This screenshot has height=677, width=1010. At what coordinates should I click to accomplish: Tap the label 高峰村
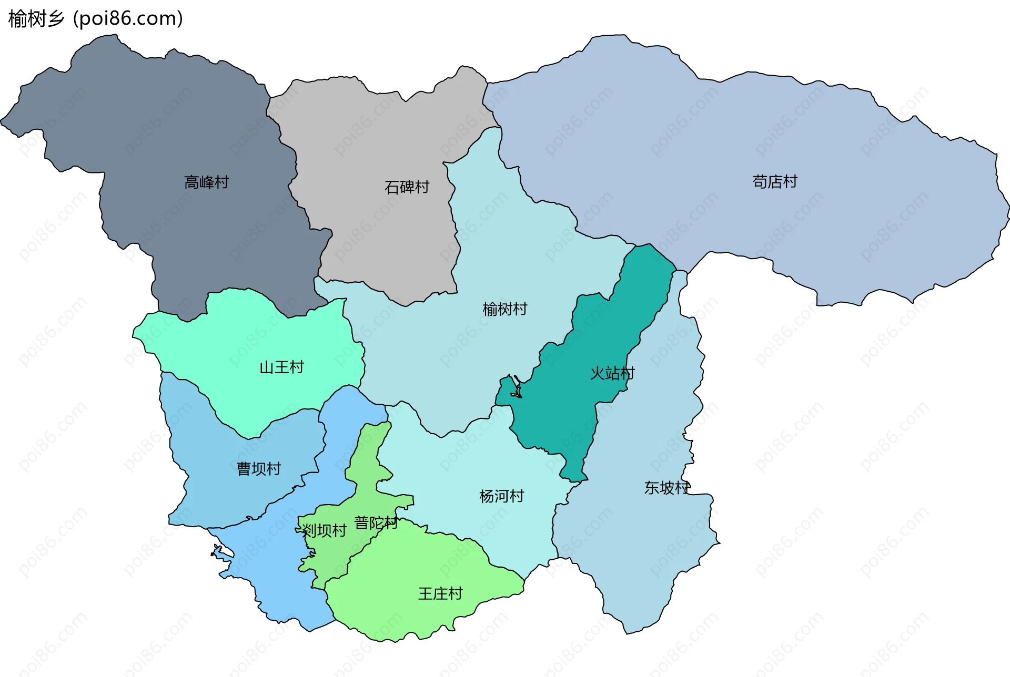(206, 182)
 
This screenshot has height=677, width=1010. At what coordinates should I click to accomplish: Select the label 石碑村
(407, 187)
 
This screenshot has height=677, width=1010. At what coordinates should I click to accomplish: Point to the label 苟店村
(774, 182)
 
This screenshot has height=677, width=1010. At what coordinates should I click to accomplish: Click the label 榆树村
(504, 309)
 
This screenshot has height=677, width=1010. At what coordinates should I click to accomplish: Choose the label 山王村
(281, 367)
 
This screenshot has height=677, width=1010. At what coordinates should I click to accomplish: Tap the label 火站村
(612, 373)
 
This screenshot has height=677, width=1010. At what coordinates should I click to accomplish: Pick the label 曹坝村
(258, 468)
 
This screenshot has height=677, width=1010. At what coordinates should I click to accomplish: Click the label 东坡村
(666, 488)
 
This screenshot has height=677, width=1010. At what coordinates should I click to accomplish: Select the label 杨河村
(501, 496)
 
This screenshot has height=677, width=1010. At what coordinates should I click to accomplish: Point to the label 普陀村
(376, 523)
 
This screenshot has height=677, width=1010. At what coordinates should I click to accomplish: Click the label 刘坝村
(324, 530)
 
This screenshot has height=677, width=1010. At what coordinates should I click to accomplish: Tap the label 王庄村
(440, 594)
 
